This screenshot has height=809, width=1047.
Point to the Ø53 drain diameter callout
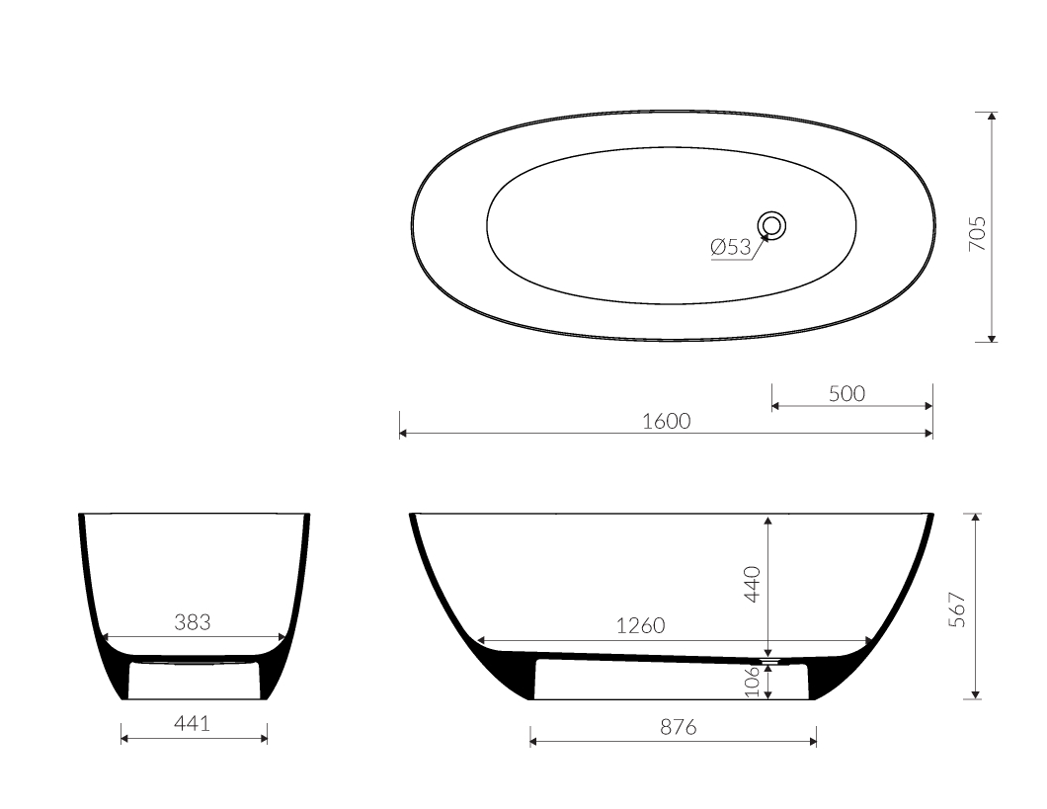click(x=731, y=247)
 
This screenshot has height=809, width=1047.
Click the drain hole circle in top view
click(x=772, y=225)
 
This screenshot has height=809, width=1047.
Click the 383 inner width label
click(x=194, y=622)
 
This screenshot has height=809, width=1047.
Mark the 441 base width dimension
click(x=192, y=724)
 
